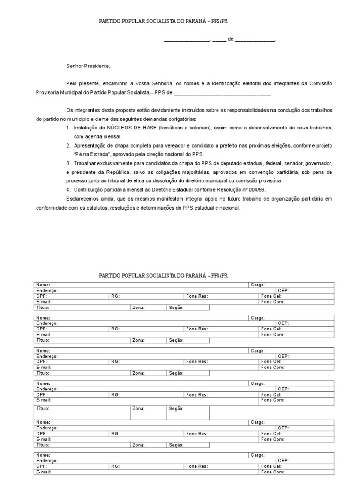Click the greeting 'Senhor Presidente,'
[88, 66]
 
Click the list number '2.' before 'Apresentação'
[68, 146]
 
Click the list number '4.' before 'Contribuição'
[68, 189]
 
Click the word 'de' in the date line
[230, 40]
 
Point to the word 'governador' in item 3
[319, 163]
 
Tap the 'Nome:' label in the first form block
[43, 285]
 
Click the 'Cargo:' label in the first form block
[258, 285]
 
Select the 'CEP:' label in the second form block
[283, 323]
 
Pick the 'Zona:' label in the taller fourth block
[138, 409]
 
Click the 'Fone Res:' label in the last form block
[196, 466]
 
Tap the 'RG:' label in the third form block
[115, 361]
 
